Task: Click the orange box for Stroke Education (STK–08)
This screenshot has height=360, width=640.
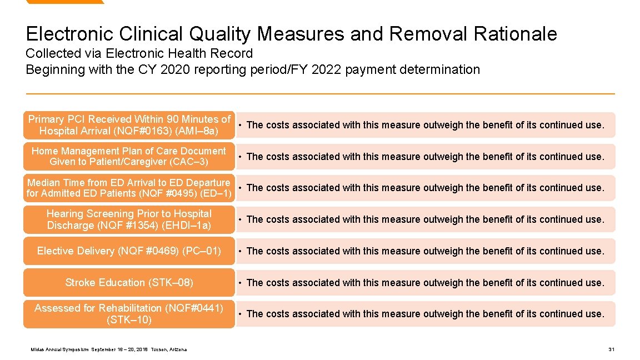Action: [x=129, y=283]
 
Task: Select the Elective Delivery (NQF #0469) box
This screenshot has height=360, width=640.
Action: [x=129, y=251]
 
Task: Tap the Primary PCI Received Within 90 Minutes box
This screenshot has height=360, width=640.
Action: [x=129, y=125]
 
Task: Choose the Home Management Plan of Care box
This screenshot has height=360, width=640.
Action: [x=129, y=157]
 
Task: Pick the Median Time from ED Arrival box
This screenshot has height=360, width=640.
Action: [x=129, y=188]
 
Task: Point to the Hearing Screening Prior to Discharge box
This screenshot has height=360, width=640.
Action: [x=129, y=219]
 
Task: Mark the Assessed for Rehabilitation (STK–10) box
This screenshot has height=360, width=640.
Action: [x=129, y=314]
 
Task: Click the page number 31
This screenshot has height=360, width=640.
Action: [x=611, y=349]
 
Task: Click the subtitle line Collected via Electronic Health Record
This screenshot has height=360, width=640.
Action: [x=139, y=54]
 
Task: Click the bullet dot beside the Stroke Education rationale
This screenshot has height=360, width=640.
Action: [x=239, y=283]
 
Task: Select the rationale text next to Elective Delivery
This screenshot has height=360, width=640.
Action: [x=425, y=251]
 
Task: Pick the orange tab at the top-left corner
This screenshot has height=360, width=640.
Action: [x=64, y=2]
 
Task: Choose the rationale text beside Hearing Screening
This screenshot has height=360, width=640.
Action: [x=425, y=219]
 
